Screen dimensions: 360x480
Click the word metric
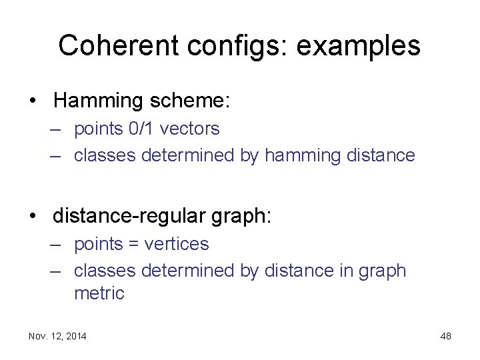(x=99, y=293)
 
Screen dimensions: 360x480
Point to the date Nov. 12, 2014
(x=57, y=336)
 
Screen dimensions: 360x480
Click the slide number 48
(x=445, y=336)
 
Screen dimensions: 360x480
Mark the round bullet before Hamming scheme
(x=32, y=101)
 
